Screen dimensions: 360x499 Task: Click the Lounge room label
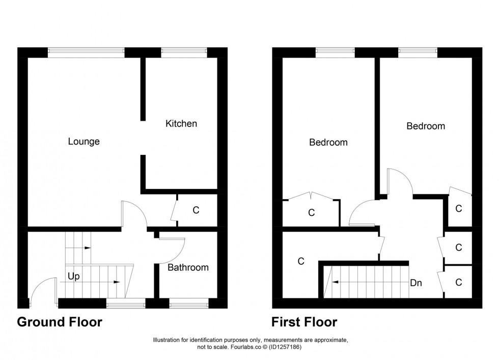click(x=84, y=142)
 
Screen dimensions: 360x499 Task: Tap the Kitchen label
click(x=181, y=124)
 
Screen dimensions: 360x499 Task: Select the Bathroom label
click(x=188, y=267)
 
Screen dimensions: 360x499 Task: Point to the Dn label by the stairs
click(x=416, y=283)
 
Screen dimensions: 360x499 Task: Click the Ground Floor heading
click(x=60, y=322)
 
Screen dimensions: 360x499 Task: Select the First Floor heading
click(x=304, y=322)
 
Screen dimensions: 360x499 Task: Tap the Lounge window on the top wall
click(x=86, y=51)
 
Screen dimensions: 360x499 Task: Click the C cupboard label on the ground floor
click(x=196, y=210)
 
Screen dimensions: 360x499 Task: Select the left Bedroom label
click(x=328, y=143)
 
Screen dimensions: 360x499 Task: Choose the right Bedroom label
click(x=425, y=126)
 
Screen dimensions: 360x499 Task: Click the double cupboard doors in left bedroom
click(x=311, y=196)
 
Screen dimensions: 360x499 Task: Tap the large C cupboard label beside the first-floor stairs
click(x=300, y=261)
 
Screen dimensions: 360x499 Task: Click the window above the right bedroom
click(x=418, y=51)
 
